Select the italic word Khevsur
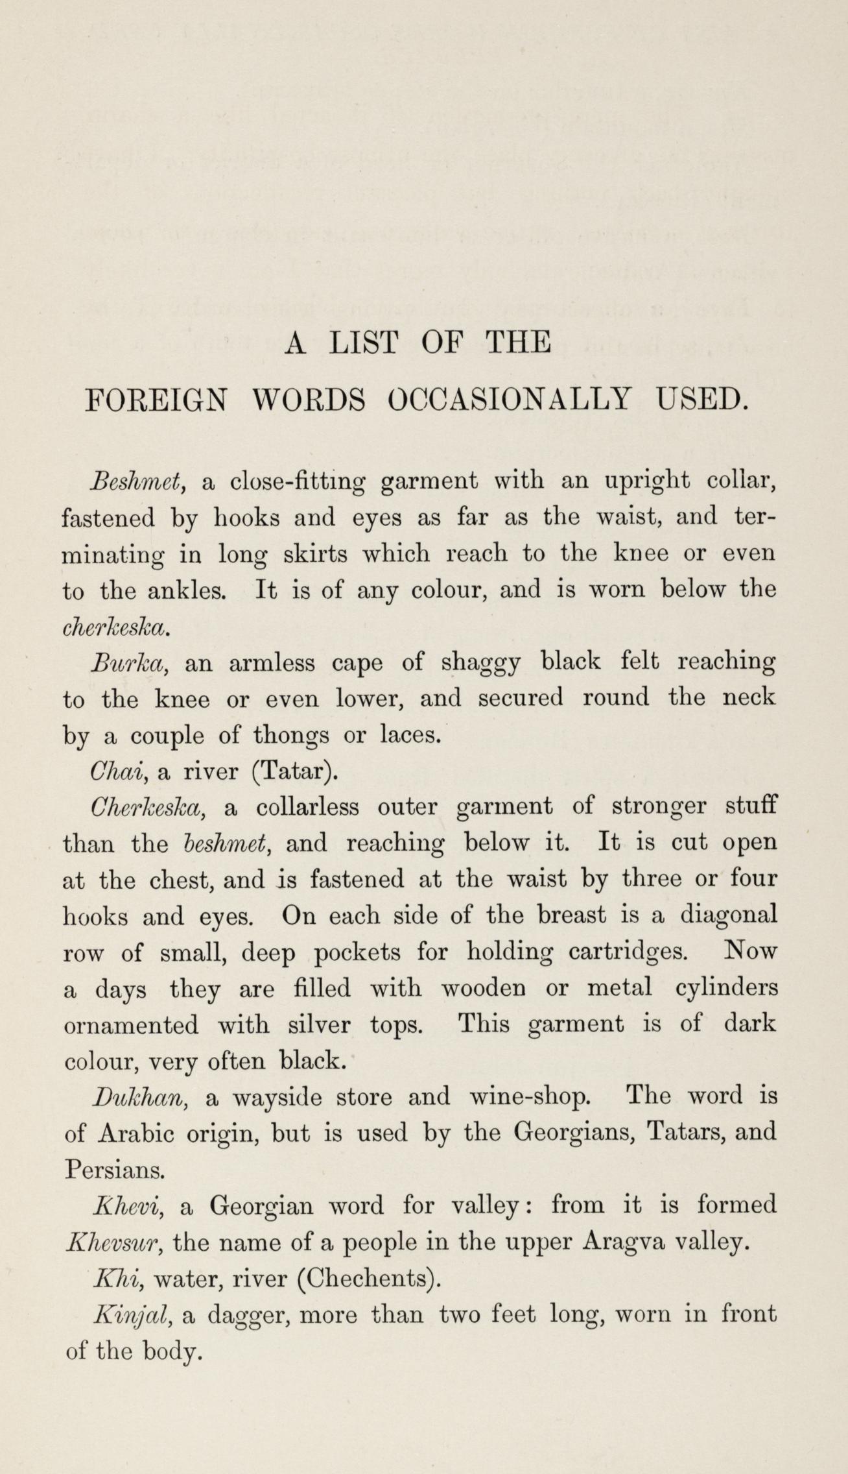coord(113,1242)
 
